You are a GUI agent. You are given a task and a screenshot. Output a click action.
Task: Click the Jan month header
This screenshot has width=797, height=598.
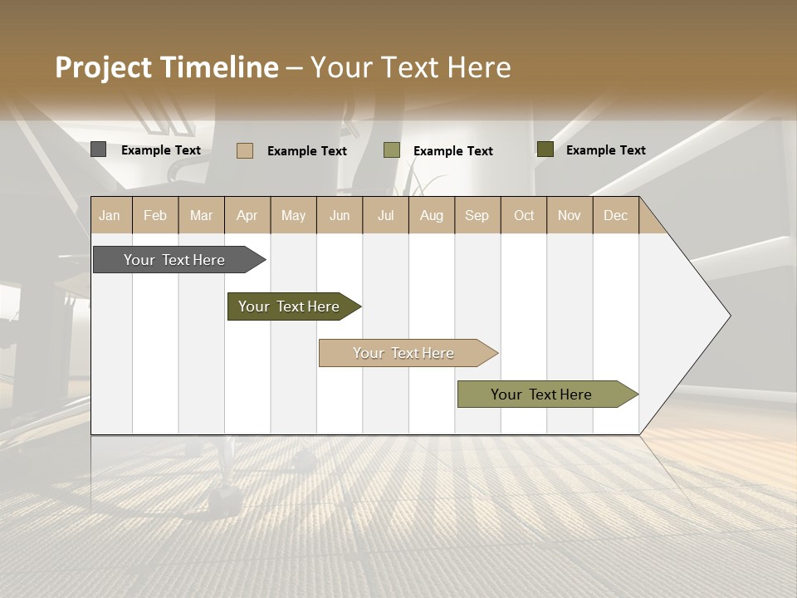pyautogui.click(x=110, y=215)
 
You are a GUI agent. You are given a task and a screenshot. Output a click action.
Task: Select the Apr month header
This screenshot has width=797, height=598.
pyautogui.click(x=247, y=215)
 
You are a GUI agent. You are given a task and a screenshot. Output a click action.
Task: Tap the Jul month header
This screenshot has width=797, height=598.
pyautogui.click(x=385, y=215)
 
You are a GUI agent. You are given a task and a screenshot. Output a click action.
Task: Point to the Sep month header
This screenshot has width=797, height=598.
pyautogui.click(x=477, y=215)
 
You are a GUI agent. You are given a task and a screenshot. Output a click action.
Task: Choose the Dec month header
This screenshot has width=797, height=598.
pyautogui.click(x=615, y=215)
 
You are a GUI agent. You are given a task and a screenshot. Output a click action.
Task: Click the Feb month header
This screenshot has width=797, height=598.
pyautogui.click(x=155, y=215)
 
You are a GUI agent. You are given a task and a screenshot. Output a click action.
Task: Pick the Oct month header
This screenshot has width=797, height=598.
pyautogui.click(x=524, y=215)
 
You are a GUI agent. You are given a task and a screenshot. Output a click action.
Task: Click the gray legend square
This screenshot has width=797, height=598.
pyautogui.click(x=98, y=149)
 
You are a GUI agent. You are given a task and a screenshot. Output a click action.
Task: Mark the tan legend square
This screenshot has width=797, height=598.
pyautogui.click(x=244, y=150)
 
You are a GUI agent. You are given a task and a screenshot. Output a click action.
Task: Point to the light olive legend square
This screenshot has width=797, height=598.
pyautogui.click(x=391, y=150)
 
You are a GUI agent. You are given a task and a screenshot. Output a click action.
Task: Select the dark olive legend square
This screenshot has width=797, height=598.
pyautogui.click(x=545, y=149)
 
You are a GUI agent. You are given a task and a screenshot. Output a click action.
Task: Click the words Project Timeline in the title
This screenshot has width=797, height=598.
pyautogui.click(x=167, y=67)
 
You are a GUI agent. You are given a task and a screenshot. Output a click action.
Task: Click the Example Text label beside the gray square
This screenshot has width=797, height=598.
pyautogui.click(x=161, y=150)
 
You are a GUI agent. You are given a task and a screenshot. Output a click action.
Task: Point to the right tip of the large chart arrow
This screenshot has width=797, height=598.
pyautogui.click(x=729, y=316)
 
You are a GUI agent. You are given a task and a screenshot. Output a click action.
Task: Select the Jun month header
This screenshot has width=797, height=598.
pyautogui.click(x=340, y=215)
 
